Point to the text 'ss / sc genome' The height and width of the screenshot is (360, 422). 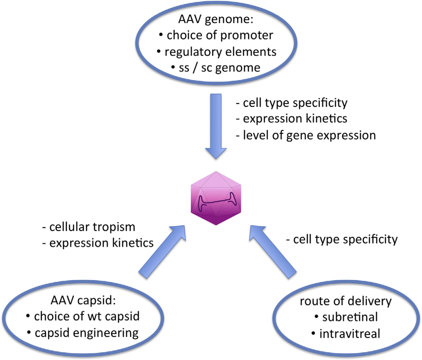(216, 67)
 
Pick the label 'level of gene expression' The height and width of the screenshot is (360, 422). (306, 135)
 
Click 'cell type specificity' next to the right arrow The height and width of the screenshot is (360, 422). (342, 239)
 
